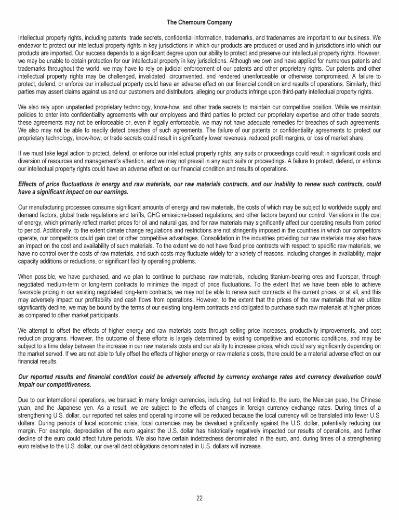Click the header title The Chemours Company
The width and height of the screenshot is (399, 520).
click(199, 23)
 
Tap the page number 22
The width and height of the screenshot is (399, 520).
click(199, 498)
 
